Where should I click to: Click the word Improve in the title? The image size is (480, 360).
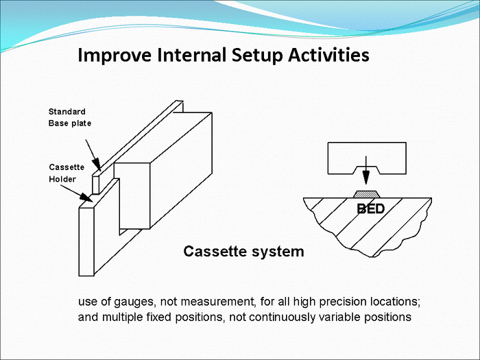(115, 56)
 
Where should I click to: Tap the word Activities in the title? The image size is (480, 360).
(328, 55)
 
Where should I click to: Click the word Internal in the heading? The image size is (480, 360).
(191, 55)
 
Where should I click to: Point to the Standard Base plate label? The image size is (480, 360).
(70, 117)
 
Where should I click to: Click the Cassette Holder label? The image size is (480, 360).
(67, 173)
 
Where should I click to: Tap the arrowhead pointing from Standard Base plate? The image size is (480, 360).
(97, 164)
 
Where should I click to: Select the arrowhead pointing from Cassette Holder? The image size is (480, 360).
(86, 197)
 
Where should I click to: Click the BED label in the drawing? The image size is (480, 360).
(371, 208)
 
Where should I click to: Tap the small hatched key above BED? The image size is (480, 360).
(366, 194)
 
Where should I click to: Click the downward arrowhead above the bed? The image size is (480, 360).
(365, 177)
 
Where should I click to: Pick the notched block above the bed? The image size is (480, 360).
(367, 158)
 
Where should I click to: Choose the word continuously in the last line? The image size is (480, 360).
(282, 317)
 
